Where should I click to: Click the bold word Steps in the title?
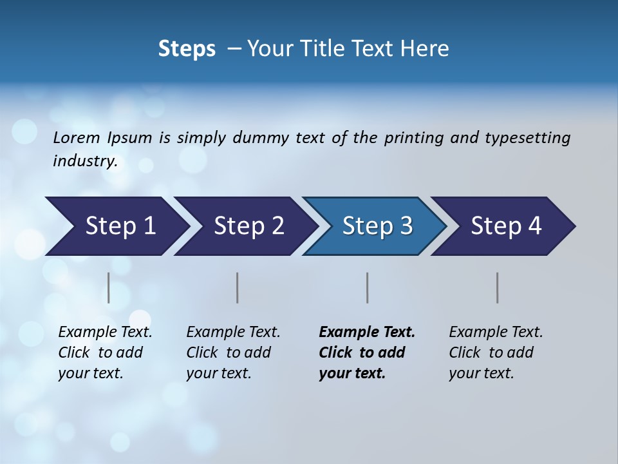(187, 48)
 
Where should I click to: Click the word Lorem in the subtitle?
(77, 137)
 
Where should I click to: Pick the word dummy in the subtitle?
(261, 137)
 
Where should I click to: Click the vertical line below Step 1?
(109, 287)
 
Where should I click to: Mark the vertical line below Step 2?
(238, 287)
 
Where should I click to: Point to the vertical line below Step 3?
(367, 287)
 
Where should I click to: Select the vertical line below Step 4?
(497, 287)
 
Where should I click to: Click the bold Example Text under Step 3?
(367, 332)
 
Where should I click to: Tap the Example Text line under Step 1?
(105, 332)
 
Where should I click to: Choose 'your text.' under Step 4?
(481, 373)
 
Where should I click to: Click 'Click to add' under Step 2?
(229, 353)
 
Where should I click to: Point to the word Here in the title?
(427, 48)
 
